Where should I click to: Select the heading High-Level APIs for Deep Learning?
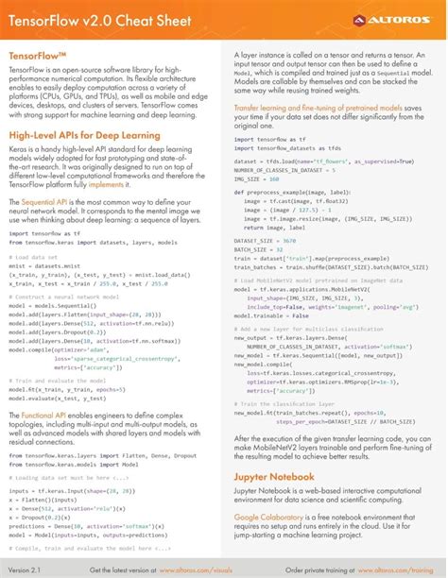tap(84, 136)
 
